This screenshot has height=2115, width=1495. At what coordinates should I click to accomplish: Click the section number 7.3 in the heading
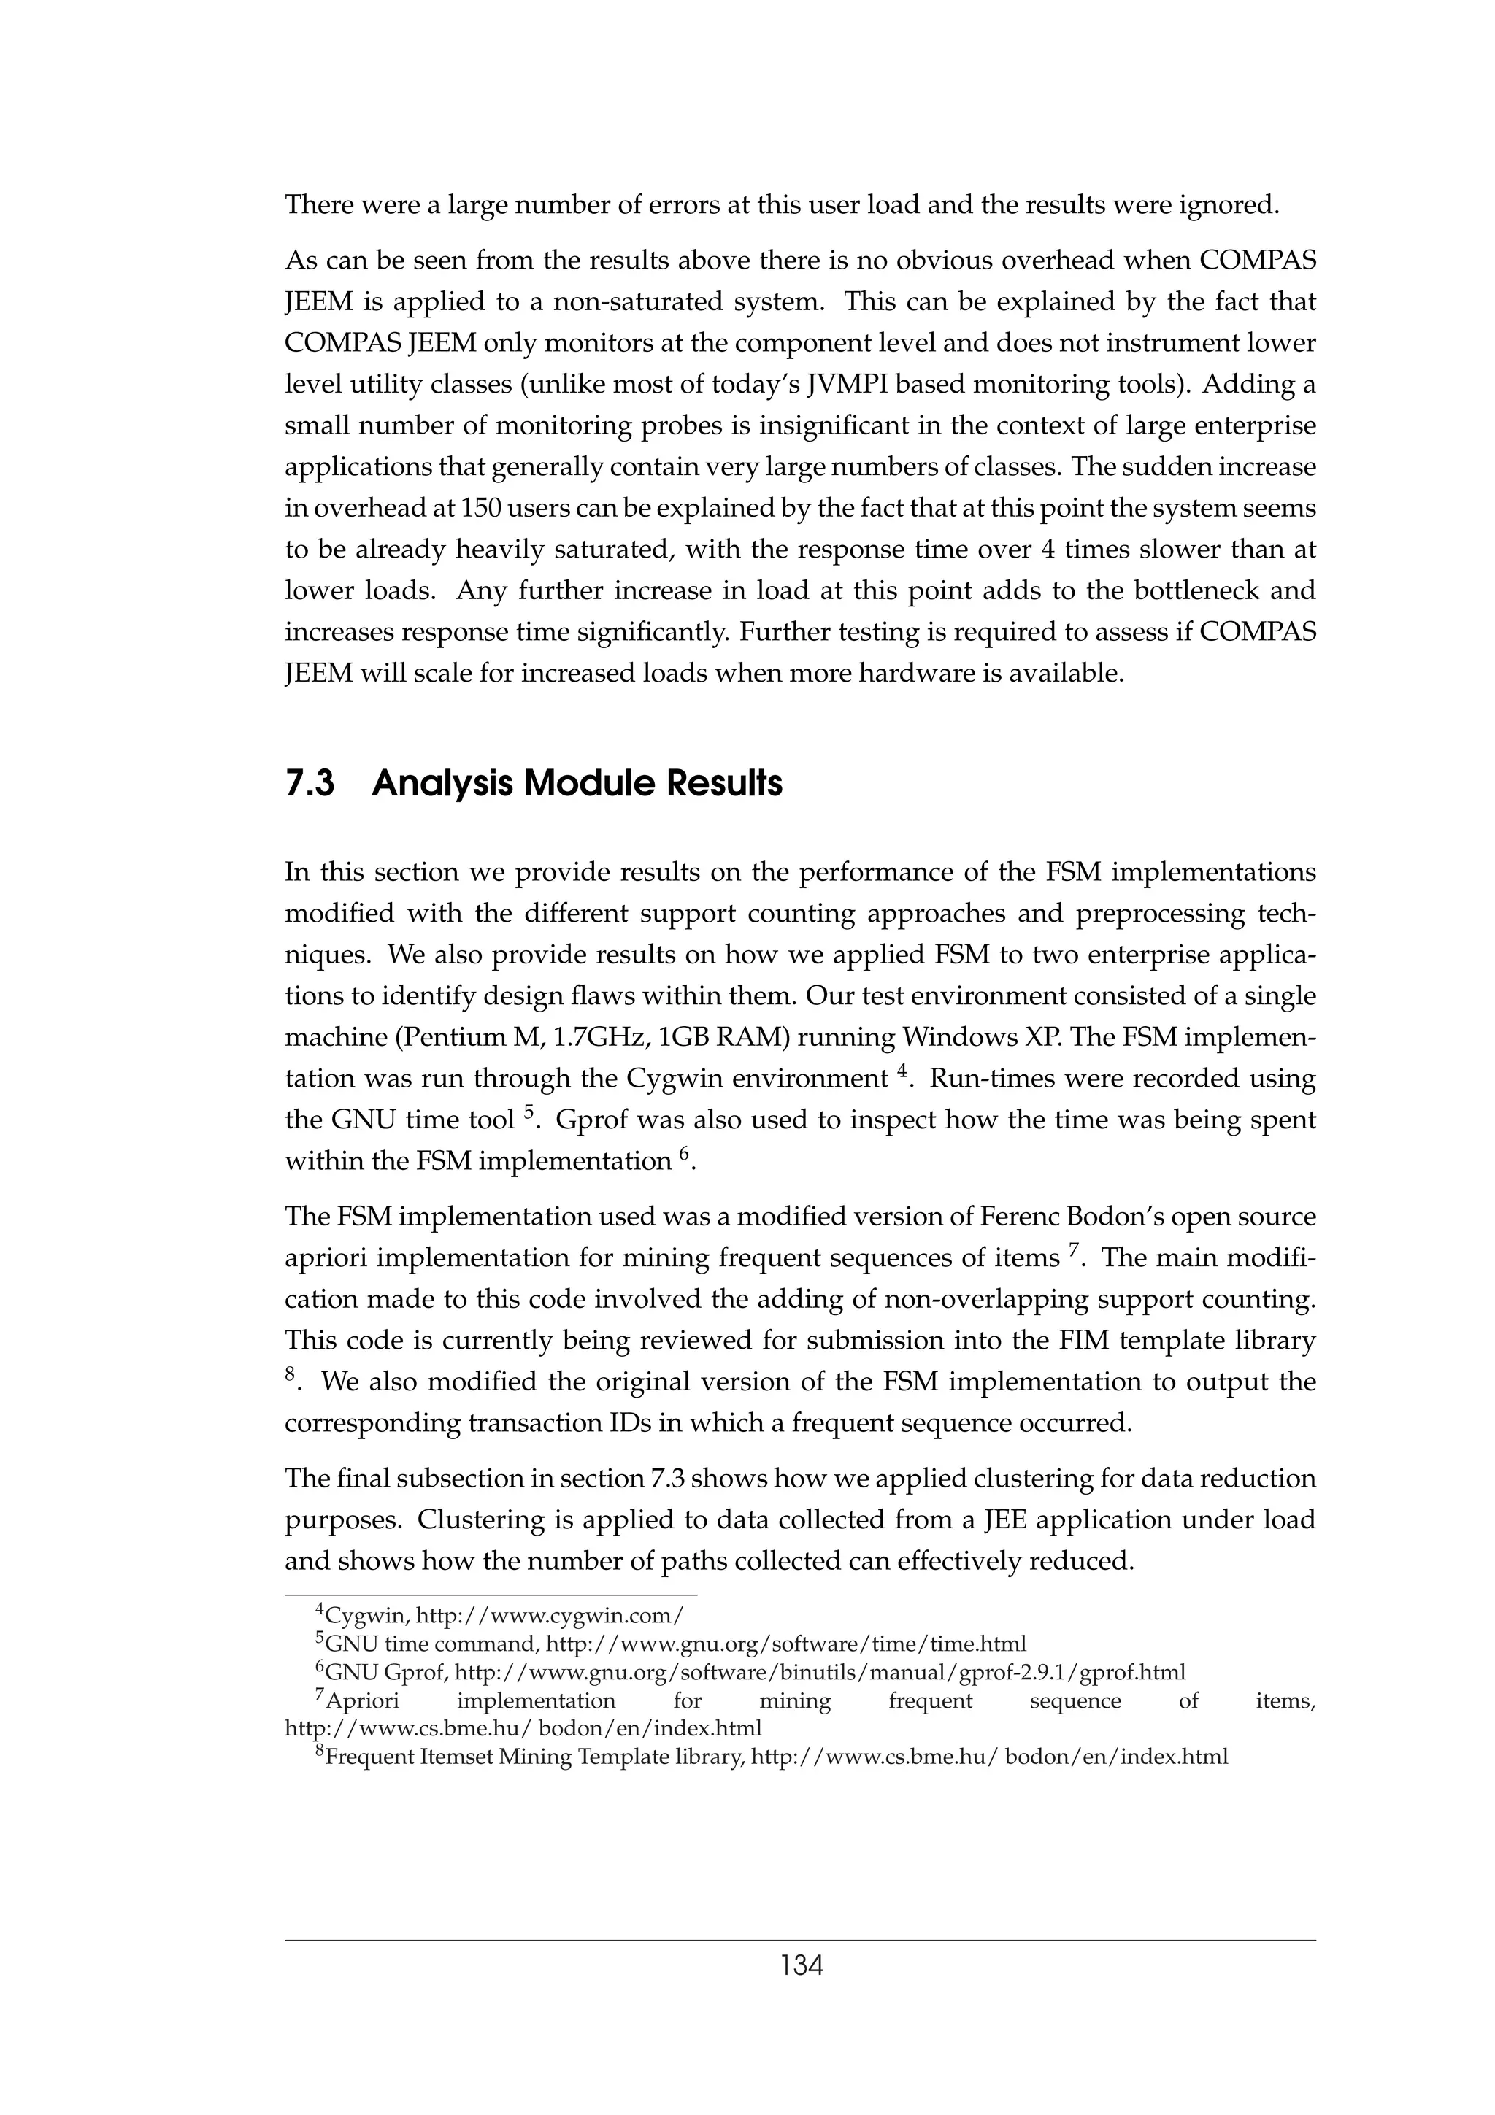(x=310, y=784)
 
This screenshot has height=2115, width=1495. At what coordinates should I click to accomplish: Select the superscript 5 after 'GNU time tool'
(x=529, y=1111)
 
